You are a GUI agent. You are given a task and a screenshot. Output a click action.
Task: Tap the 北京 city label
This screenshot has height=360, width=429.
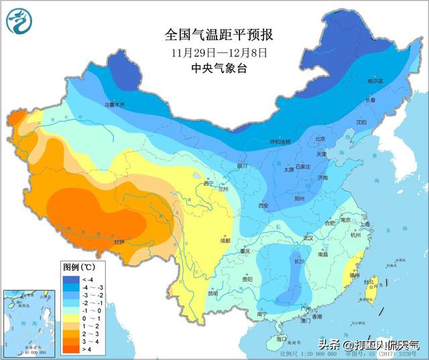(320, 139)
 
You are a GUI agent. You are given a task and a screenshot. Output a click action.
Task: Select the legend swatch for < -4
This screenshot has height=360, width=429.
(72, 280)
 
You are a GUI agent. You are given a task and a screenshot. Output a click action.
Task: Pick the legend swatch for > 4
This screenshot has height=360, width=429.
(72, 349)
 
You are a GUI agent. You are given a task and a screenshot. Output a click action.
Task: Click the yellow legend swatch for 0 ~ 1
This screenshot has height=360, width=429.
(72, 318)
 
